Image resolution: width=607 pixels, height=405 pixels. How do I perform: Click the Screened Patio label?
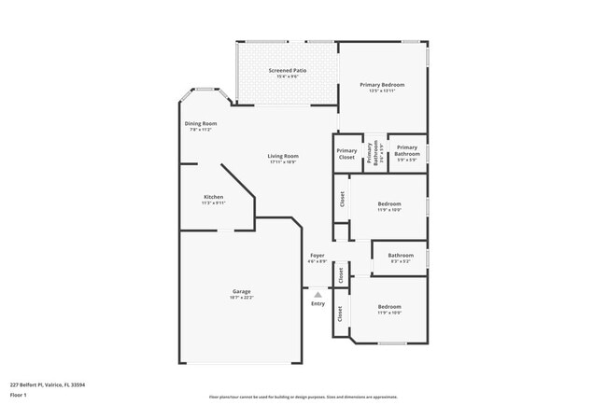tap(288, 70)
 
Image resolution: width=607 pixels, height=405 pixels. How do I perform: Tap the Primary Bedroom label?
tap(382, 84)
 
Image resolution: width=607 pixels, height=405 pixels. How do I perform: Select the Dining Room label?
tap(201, 124)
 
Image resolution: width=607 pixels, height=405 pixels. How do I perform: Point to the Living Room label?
tap(283, 156)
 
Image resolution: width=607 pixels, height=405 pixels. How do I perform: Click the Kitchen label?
tap(214, 197)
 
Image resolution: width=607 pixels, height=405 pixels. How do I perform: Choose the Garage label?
tap(242, 291)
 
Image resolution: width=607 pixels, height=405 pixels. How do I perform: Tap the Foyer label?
tap(318, 255)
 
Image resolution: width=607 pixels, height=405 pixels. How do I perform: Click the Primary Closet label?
tap(346, 154)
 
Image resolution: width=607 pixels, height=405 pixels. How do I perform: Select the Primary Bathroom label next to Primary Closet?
tap(372, 154)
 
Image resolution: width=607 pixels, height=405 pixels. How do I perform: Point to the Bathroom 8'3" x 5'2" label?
tap(401, 255)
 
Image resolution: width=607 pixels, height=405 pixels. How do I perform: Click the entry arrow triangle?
tap(318, 294)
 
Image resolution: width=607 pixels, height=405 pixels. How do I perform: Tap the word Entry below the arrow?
tap(318, 303)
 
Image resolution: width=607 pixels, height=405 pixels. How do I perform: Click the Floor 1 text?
tap(18, 395)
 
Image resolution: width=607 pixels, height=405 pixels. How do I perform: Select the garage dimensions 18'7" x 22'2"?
tap(242, 297)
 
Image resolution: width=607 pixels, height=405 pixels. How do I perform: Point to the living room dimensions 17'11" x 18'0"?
tap(283, 162)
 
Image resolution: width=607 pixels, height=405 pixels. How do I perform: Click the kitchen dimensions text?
tap(214, 202)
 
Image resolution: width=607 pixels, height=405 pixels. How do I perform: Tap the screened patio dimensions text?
tap(288, 77)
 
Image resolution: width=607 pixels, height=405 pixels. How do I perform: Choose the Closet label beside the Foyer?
tap(342, 274)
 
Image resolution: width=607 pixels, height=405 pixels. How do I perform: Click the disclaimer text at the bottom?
tap(303, 397)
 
